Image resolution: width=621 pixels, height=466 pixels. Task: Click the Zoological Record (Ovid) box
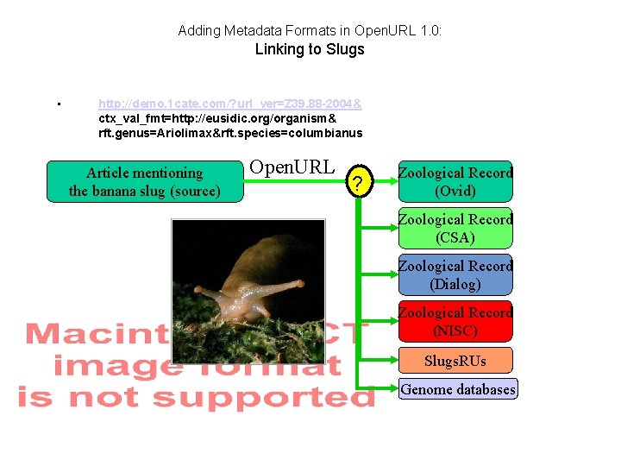(455, 182)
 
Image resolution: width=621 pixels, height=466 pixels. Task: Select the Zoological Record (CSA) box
(455, 229)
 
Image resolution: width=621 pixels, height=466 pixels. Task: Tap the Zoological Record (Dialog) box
(455, 275)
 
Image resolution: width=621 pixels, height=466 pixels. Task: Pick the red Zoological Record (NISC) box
(455, 322)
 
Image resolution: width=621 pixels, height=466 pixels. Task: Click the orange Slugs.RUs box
(455, 360)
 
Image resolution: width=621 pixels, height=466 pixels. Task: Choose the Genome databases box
(458, 389)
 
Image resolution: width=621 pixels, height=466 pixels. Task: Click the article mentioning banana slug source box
(145, 182)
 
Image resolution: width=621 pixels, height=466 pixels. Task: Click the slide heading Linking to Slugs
(310, 49)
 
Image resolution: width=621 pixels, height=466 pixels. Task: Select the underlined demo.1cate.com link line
(230, 104)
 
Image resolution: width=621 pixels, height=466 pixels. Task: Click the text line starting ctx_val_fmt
(217, 118)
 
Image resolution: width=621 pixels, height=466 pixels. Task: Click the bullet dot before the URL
(57, 105)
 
